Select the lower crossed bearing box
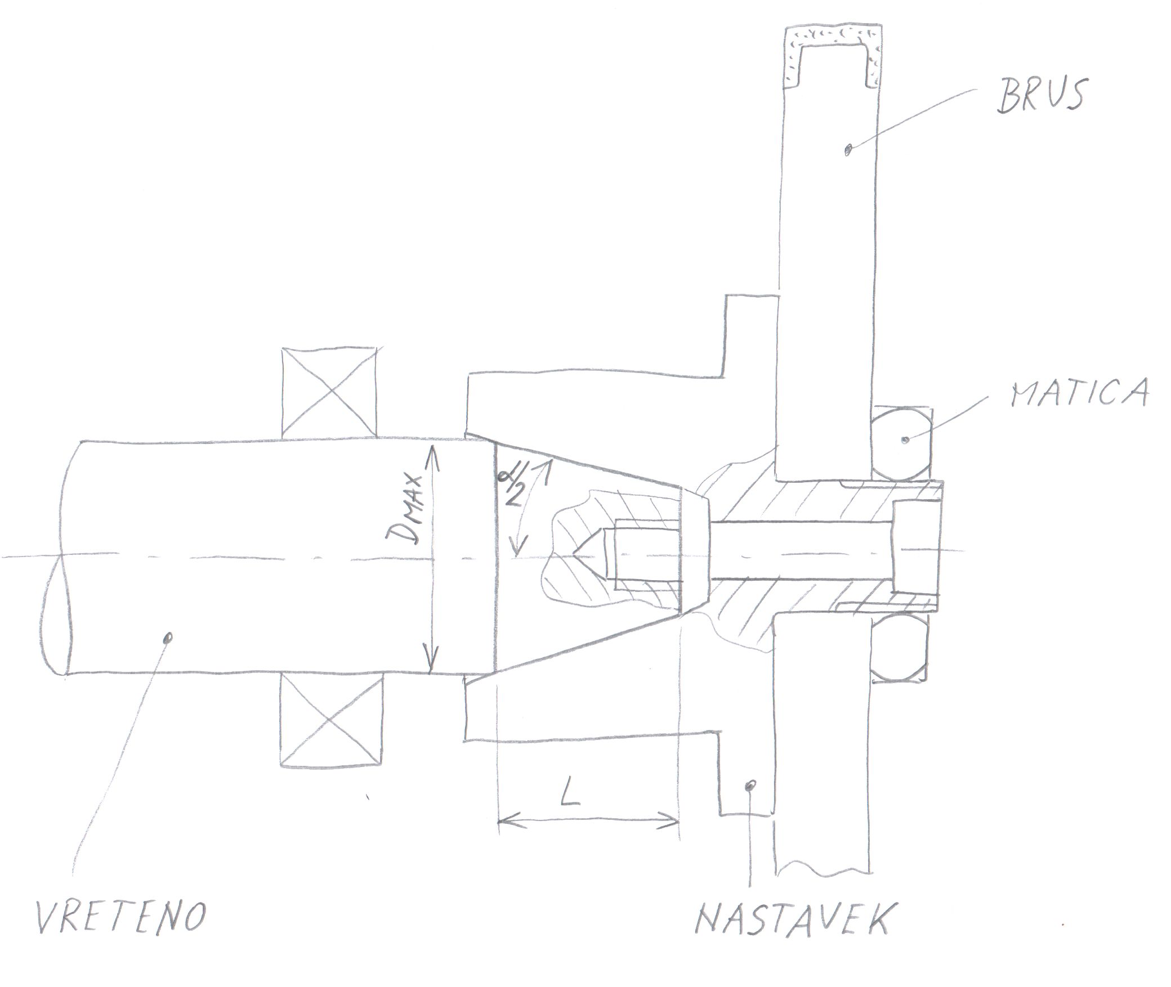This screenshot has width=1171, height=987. coord(331,721)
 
